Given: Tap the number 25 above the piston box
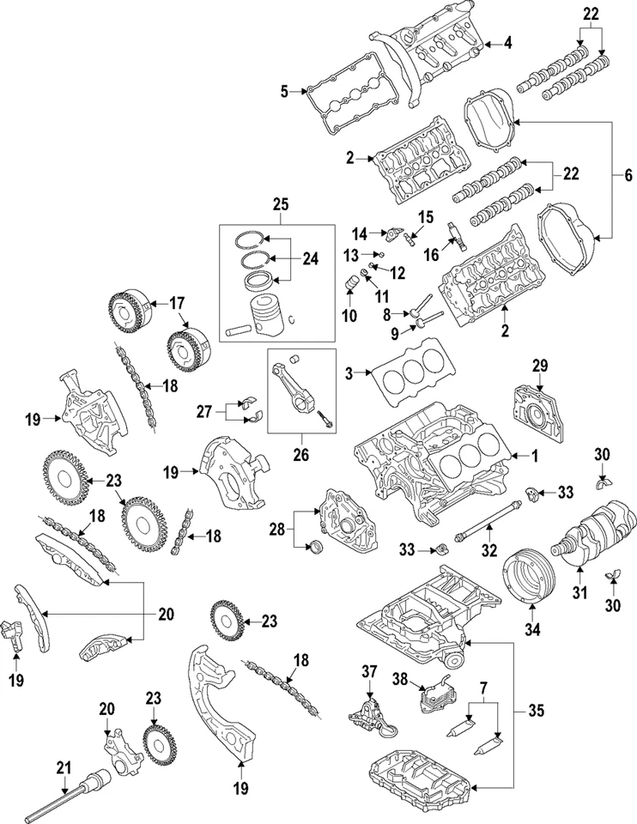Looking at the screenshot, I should click(281, 205).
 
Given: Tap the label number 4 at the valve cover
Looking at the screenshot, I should click(507, 42).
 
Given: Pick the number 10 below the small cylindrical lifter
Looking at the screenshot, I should click(349, 316).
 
